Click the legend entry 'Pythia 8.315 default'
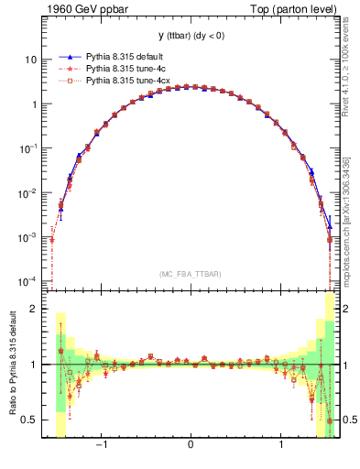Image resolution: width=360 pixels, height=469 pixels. coord(123,56)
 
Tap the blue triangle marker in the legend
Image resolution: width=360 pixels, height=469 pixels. coord(65,56)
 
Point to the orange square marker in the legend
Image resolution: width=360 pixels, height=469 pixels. coord(65,81)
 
